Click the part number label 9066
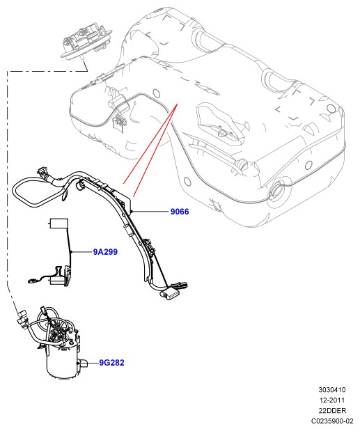pos(180,212)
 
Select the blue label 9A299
pos(105,252)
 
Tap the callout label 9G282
pos(111,363)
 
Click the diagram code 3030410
pos(332,389)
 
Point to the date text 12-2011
pos(332,400)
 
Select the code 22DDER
pos(332,410)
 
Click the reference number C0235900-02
pos(332,421)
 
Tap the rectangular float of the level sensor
pos(58,224)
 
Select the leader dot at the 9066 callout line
pos(132,212)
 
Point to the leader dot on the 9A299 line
pos(71,252)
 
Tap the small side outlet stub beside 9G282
pos(84,363)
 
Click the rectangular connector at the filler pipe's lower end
pos(170,292)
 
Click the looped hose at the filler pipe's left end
pos(36,192)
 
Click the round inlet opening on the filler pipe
pos(80,185)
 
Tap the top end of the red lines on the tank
pos(178,104)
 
